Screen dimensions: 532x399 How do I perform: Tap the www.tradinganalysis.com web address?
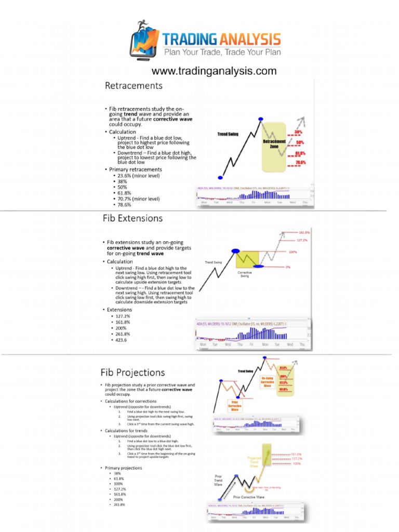(x=214, y=71)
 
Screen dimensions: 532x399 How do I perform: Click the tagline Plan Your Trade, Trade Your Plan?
(x=222, y=52)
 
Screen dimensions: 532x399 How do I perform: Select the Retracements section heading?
(x=134, y=86)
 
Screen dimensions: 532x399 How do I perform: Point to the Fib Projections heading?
(x=132, y=372)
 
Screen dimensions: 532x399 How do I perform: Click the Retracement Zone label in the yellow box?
(x=274, y=144)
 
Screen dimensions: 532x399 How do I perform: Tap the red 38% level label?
(x=299, y=133)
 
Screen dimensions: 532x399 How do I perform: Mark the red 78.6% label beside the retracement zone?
(x=300, y=163)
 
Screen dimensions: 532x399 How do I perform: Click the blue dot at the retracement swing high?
(x=260, y=120)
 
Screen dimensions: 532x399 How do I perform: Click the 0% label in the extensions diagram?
(x=287, y=267)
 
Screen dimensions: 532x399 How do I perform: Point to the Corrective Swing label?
(x=245, y=274)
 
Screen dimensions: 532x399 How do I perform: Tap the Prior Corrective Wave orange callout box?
(x=234, y=405)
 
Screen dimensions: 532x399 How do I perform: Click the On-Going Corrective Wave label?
(x=268, y=382)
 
